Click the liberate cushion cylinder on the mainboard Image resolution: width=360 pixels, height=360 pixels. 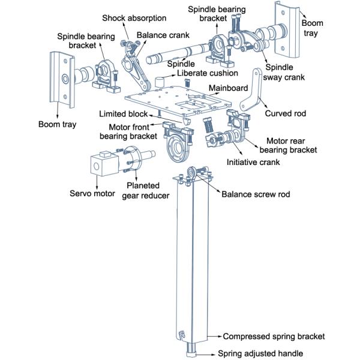(x=160, y=80)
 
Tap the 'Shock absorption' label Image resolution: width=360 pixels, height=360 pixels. (x=134, y=18)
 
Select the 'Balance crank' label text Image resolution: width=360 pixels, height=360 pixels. (x=160, y=35)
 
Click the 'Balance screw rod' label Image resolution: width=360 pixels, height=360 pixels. (x=254, y=194)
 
